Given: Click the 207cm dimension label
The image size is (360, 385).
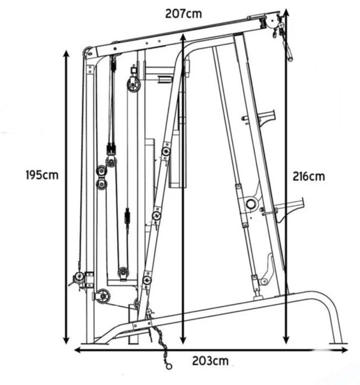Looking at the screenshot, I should [x=183, y=14].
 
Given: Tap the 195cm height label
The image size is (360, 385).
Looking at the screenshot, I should [x=42, y=175].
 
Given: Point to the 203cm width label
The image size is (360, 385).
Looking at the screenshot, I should [x=210, y=361].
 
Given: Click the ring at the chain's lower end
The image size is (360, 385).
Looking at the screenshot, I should [x=168, y=365].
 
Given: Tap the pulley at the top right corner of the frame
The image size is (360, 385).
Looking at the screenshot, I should [x=271, y=23].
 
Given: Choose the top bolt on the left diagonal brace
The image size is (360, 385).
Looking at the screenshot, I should [x=166, y=151].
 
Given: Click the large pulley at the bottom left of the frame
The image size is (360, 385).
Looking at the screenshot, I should [x=102, y=296].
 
